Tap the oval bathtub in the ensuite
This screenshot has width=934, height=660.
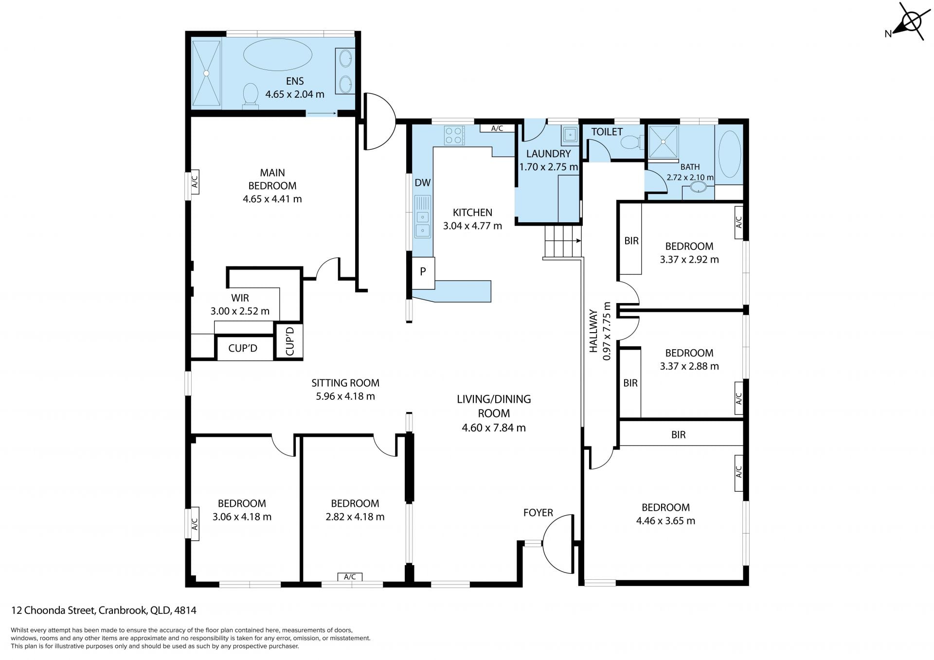tap(277, 55)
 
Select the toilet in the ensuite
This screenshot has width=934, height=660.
tap(250, 95)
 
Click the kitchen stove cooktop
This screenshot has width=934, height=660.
tap(454, 136)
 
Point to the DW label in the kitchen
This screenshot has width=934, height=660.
tap(423, 183)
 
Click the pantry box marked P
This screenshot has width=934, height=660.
tap(423, 271)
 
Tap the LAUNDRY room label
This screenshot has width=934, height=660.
tap(548, 154)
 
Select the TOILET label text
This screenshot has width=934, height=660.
tap(607, 132)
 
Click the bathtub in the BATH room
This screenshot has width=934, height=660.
tap(730, 154)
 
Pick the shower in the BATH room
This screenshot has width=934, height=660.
tap(663, 142)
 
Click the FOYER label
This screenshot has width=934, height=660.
tap(538, 513)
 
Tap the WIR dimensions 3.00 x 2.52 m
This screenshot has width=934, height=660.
tap(240, 311)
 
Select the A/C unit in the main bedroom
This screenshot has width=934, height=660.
tap(194, 182)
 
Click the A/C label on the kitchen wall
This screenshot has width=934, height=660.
tap(497, 128)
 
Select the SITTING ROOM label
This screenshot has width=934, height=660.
tap(345, 383)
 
